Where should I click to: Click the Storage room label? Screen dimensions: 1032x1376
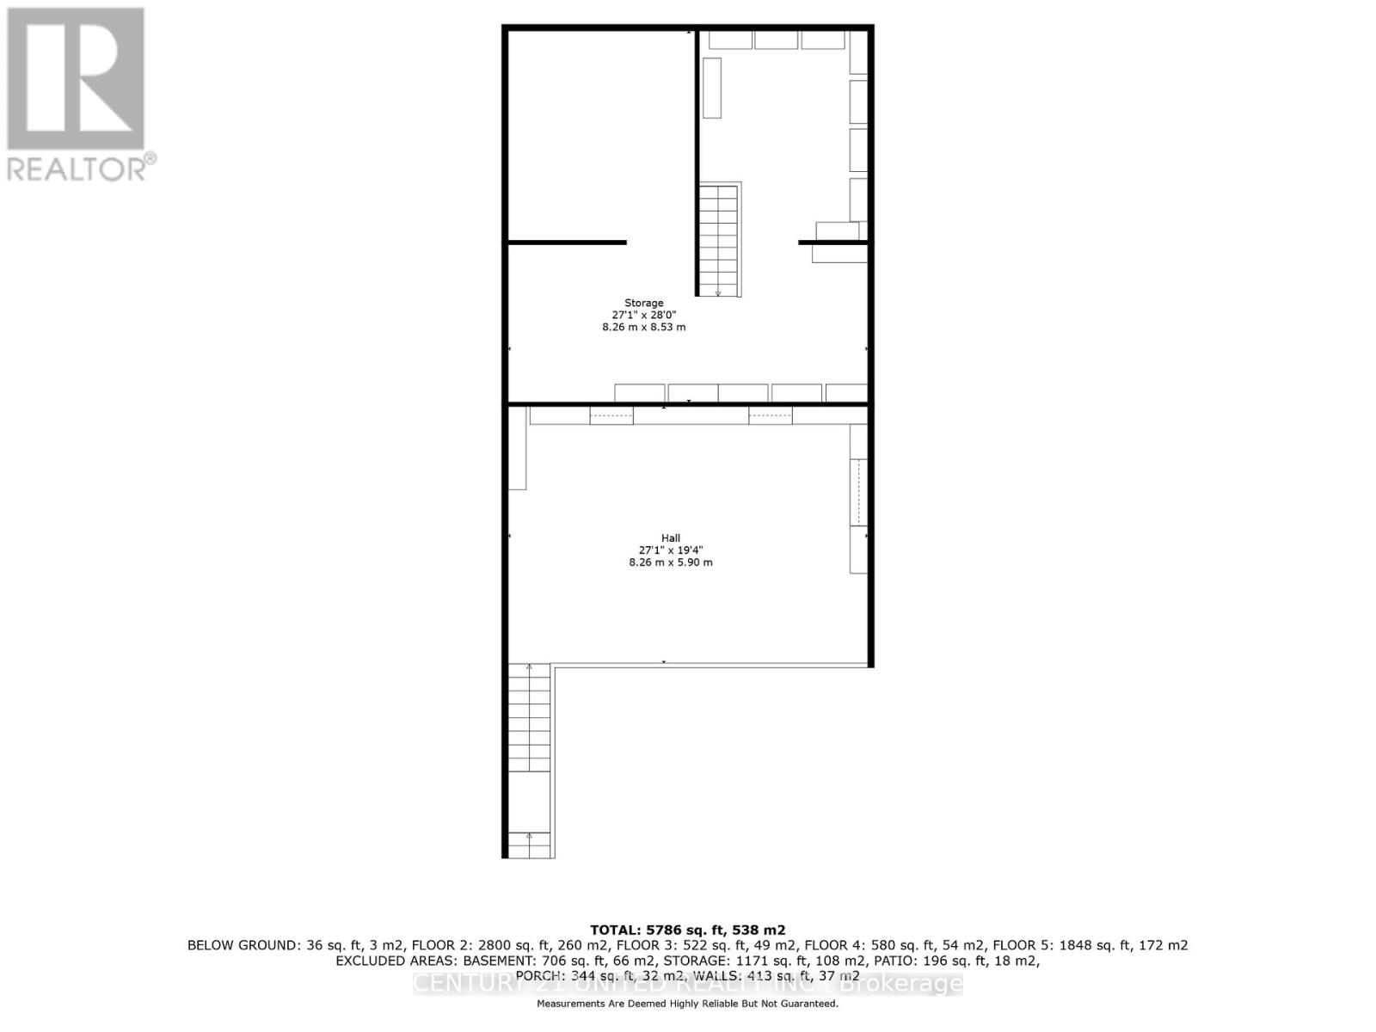tap(643, 303)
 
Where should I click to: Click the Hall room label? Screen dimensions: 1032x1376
tap(671, 538)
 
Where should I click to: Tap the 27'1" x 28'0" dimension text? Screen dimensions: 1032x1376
tap(643, 315)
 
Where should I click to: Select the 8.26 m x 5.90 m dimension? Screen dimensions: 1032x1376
tap(671, 562)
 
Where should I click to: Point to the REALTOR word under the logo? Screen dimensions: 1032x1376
tap(77, 169)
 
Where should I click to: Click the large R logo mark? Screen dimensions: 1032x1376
tap(76, 78)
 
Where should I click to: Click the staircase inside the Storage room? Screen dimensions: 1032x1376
tap(718, 240)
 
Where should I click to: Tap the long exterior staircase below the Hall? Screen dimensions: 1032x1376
tap(529, 718)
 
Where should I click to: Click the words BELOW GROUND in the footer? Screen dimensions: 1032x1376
tap(244, 945)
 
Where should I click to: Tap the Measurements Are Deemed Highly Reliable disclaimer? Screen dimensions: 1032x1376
tap(687, 1004)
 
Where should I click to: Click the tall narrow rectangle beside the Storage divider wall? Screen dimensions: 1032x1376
tap(712, 88)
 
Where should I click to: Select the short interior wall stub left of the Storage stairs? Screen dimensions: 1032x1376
tap(568, 243)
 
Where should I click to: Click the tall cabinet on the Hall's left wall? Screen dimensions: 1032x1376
tap(518, 448)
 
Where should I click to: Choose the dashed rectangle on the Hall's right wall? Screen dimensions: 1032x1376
tap(858, 492)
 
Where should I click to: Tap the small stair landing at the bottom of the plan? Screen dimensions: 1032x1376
tap(529, 845)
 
